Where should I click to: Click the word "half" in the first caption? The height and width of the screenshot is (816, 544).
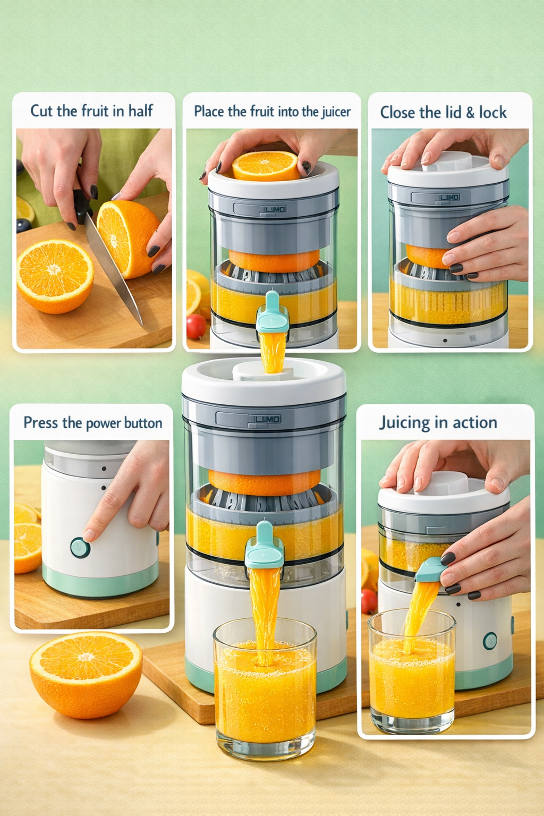coord(140,110)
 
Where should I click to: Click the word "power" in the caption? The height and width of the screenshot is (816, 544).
coord(104,423)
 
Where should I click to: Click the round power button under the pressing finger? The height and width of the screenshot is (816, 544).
coord(80,547)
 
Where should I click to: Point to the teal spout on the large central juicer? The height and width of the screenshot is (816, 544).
coord(264,547)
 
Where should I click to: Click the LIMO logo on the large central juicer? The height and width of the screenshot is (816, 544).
coord(268,419)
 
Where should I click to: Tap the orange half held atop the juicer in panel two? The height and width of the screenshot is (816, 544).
coord(266,165)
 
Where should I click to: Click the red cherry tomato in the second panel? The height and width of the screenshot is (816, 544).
coord(196,326)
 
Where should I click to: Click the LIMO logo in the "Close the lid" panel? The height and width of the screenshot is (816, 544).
coord(449,197)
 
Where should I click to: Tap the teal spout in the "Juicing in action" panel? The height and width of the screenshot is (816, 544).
coord(431,569)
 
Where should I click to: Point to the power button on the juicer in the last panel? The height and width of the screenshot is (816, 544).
coord(490,641)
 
